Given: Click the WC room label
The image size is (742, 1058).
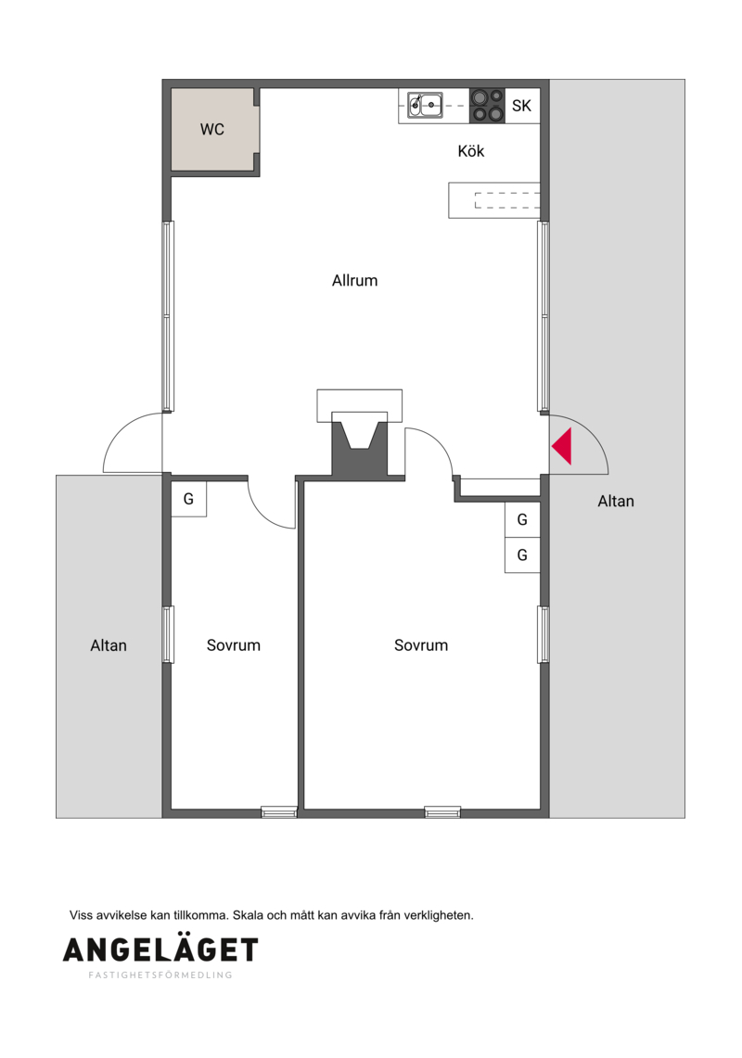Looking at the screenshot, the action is pyautogui.click(x=212, y=129).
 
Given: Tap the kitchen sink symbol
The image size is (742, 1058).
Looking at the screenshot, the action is pyautogui.click(x=425, y=105).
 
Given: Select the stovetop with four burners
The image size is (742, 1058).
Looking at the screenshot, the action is pyautogui.click(x=487, y=106).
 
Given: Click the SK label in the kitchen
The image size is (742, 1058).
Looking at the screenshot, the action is pyautogui.click(x=521, y=106).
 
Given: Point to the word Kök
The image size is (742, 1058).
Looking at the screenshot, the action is pyautogui.click(x=470, y=150).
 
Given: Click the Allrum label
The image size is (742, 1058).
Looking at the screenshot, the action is pyautogui.click(x=354, y=280).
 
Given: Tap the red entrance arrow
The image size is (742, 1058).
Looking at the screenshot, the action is pyautogui.click(x=562, y=446).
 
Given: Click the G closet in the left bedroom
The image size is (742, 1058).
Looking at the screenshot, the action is pyautogui.click(x=188, y=499).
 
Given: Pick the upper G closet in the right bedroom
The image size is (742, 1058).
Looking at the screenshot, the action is pyautogui.click(x=522, y=519).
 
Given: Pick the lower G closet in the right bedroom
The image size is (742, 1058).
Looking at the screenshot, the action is pyautogui.click(x=522, y=555).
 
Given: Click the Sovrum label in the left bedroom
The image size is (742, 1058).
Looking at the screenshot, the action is pyautogui.click(x=233, y=645).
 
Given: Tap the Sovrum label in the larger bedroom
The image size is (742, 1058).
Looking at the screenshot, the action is pyautogui.click(x=421, y=645).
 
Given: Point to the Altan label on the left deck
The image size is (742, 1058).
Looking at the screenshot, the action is pyautogui.click(x=108, y=645).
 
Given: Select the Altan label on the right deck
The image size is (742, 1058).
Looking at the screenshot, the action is pyautogui.click(x=616, y=501).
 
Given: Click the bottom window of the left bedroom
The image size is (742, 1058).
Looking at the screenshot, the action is pyautogui.click(x=279, y=812).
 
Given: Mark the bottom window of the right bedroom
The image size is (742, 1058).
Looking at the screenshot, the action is pyautogui.click(x=443, y=812).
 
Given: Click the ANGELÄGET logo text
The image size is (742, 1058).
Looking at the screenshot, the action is pyautogui.click(x=160, y=950).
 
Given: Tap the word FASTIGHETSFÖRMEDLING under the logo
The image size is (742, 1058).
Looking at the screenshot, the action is pyautogui.click(x=160, y=975).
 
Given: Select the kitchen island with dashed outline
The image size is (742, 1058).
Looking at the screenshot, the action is pyautogui.click(x=494, y=200).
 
